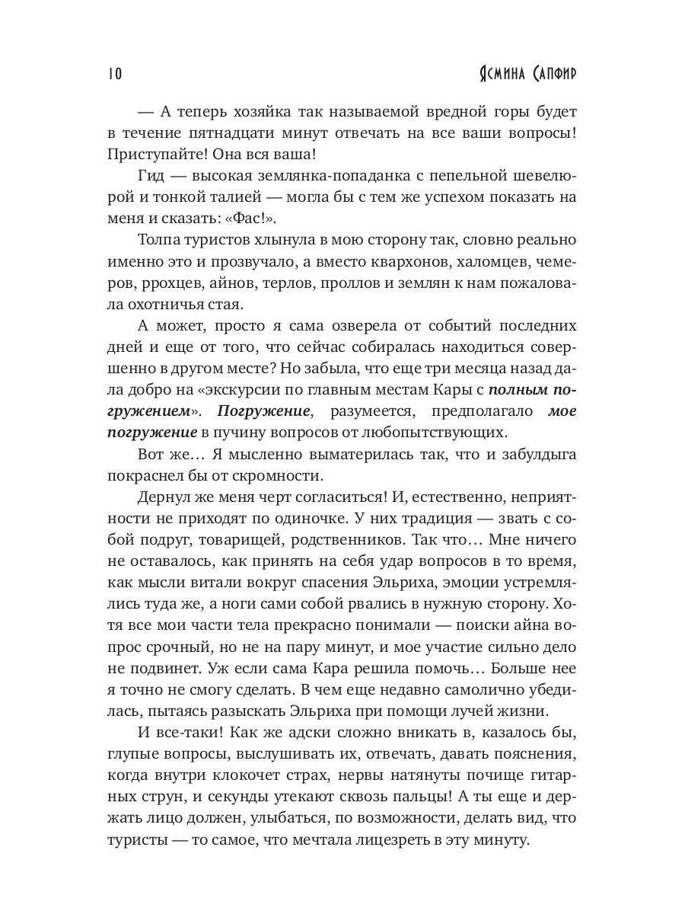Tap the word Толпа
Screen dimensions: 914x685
click(163, 241)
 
